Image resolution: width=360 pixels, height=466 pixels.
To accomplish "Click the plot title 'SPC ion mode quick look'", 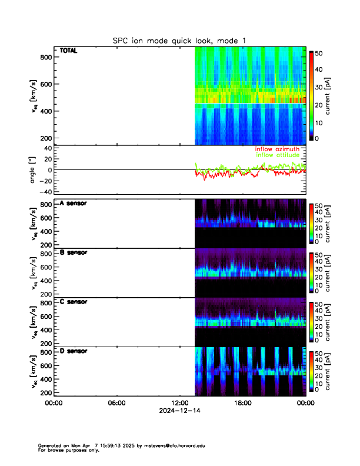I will (x=179, y=40).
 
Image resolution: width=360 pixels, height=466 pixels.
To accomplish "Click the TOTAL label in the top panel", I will (x=68, y=51).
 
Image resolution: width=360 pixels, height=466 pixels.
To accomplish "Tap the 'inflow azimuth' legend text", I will (x=277, y=149).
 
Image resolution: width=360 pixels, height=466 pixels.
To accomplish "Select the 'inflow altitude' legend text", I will (x=277, y=155).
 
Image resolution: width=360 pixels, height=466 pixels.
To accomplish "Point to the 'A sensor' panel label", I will (x=73, y=204).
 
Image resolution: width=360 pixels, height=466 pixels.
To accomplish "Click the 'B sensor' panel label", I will (x=73, y=253).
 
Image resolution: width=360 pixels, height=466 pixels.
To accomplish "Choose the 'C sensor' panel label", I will (x=73, y=302).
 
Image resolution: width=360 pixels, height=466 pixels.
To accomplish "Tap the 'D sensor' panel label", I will (x=73, y=351).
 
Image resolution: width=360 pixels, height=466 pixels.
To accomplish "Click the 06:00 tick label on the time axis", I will (x=116, y=403).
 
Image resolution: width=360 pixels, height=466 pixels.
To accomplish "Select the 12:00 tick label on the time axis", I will (x=179, y=403).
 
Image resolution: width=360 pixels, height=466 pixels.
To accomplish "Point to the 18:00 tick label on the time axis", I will (x=242, y=403).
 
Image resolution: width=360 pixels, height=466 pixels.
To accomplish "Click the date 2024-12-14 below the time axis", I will (x=179, y=411).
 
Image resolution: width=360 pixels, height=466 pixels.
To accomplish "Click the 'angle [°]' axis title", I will (x=34, y=170).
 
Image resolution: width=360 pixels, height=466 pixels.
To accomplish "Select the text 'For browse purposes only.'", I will (x=64, y=450).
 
